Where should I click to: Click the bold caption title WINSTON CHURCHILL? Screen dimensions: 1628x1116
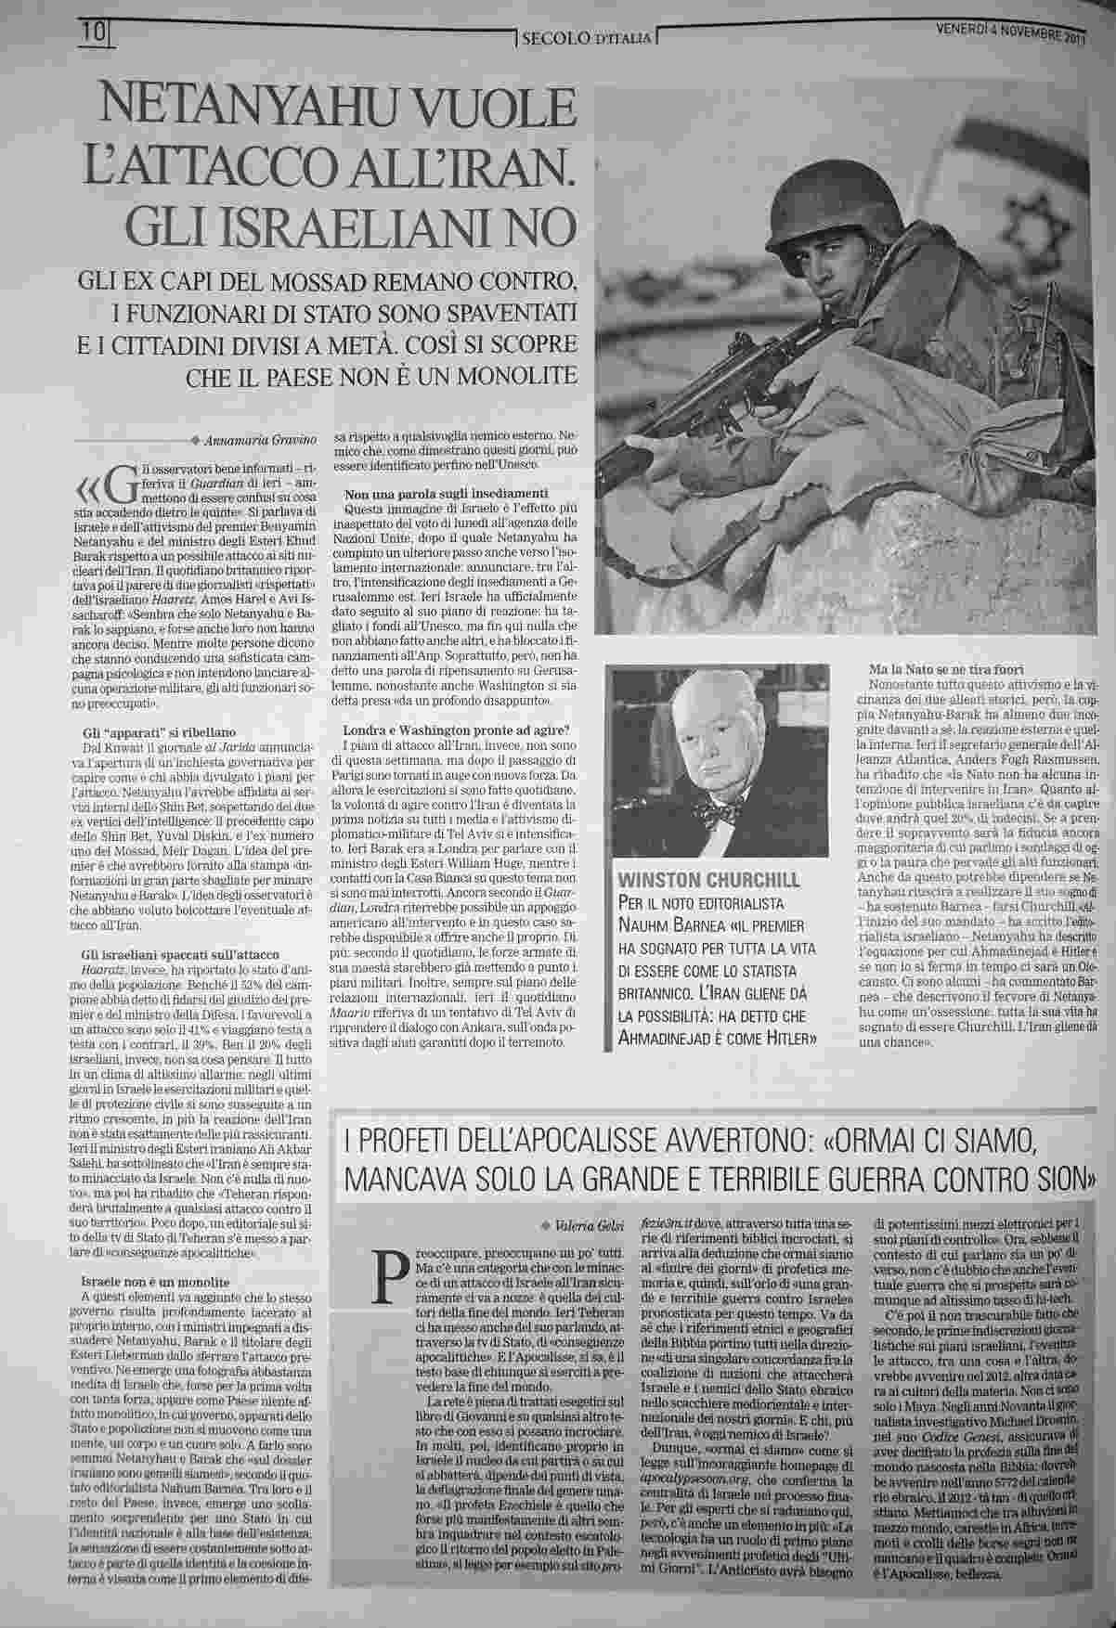706,879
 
